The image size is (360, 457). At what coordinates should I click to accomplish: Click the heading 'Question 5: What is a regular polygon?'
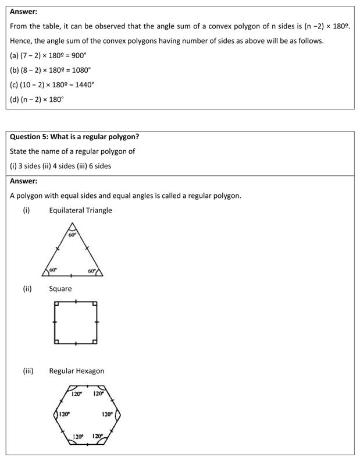74,137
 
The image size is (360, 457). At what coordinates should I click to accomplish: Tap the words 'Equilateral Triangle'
80,210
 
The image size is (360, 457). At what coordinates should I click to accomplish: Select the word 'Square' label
60,289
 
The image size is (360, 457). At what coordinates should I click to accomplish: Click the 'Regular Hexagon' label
77,371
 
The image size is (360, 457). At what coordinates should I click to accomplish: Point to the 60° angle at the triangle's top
72,235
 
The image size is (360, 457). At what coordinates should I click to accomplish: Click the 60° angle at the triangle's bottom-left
53,270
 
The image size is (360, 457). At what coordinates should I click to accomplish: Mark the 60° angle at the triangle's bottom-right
92,271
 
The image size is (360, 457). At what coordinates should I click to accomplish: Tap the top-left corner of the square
55,303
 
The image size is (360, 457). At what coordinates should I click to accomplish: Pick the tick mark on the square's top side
76,302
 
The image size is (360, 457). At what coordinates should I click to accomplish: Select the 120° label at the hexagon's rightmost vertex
107,415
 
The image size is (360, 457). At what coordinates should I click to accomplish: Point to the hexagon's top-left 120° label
77,394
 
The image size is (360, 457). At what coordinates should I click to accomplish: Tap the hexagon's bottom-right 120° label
98,435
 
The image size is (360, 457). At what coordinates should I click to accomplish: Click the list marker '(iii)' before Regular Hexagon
28,371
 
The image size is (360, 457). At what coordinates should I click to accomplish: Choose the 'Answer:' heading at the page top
23,11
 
